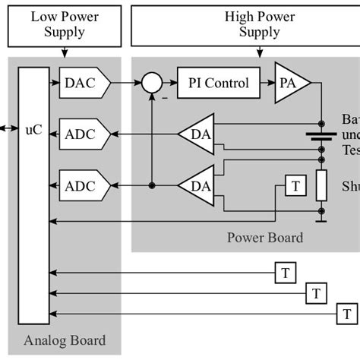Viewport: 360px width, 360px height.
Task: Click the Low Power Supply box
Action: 64,24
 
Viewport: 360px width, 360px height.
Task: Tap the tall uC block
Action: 33,194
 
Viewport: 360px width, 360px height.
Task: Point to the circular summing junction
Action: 152,83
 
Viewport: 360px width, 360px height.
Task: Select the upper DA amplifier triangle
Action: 199,134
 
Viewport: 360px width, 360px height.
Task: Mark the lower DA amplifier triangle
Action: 199,185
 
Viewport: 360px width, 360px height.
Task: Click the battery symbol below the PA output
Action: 321,137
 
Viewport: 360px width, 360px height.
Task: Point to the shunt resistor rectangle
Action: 321,185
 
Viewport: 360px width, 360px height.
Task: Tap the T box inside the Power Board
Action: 295,185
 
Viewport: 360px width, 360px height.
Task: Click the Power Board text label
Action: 265,238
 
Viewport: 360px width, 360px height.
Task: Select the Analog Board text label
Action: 65,339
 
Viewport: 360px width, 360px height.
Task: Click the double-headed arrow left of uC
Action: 8,129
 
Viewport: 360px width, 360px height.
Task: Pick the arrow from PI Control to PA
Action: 266,83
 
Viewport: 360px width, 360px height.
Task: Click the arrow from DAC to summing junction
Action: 127,83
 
